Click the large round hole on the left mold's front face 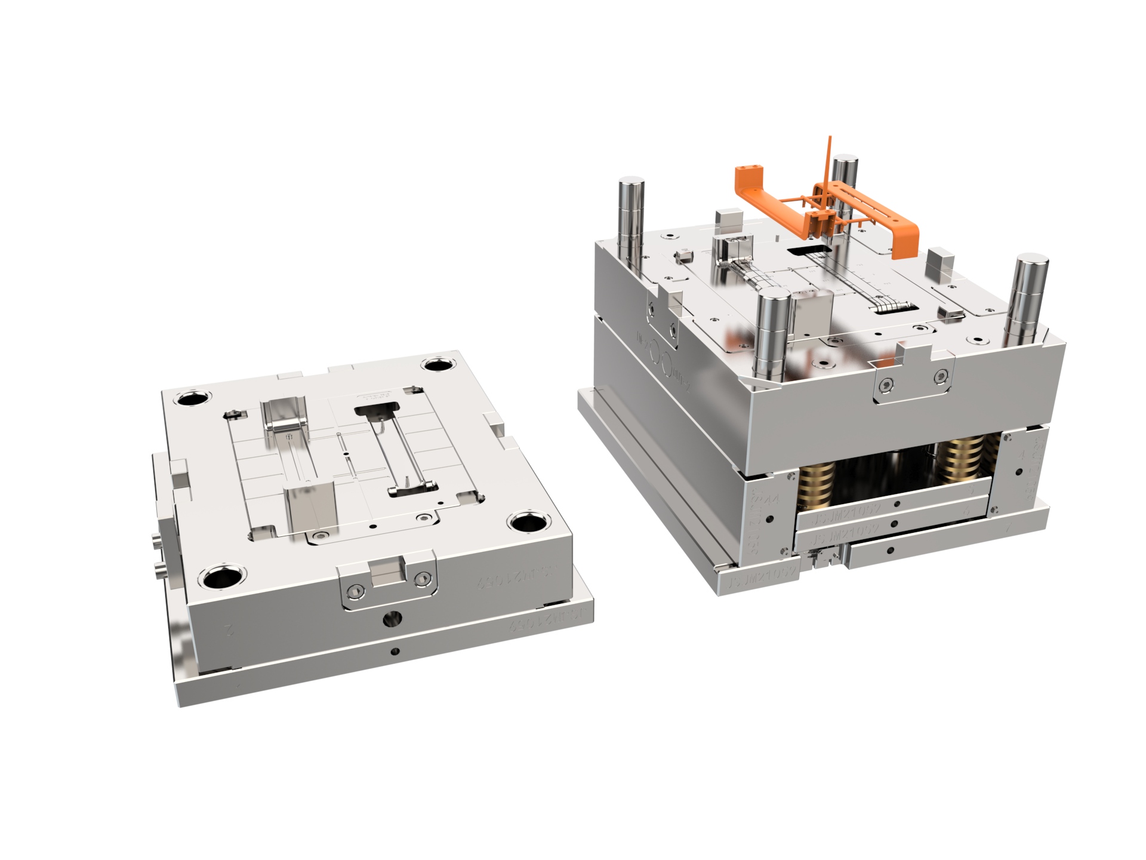[x=392, y=618]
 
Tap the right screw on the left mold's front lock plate [x=423, y=577]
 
